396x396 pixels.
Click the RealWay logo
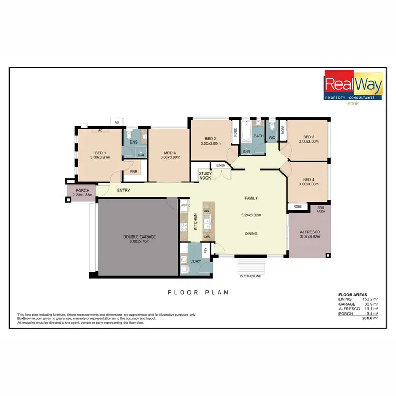(353, 88)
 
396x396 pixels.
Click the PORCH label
(82, 191)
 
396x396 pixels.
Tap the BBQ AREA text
(320, 210)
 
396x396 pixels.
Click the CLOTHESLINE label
(250, 276)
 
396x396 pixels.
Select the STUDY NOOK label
(205, 175)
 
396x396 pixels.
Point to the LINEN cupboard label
(221, 166)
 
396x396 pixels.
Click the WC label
(272, 138)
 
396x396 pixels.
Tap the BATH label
(258, 136)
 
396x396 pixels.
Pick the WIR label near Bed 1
(134, 172)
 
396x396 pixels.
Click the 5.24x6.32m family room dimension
(250, 215)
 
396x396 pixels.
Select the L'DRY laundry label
(196, 261)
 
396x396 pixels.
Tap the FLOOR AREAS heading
(353, 295)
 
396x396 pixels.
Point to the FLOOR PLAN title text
(197, 292)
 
